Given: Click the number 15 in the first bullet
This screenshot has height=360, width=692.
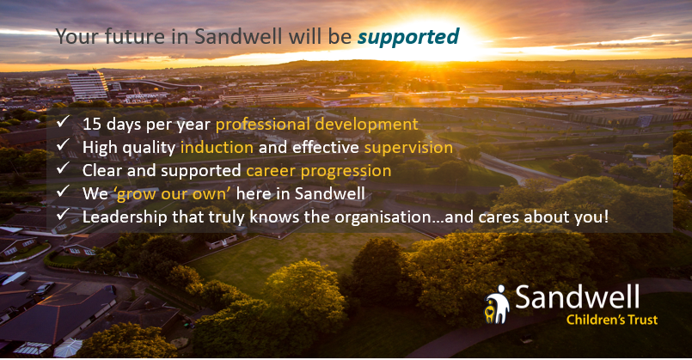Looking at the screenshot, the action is pyautogui.click(x=92, y=124).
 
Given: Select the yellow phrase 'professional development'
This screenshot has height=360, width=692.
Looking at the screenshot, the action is pyautogui.click(x=317, y=125).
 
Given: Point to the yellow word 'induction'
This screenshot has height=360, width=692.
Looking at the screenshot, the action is pyautogui.click(x=217, y=148).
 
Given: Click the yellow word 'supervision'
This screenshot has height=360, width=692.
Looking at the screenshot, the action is pyautogui.click(x=408, y=148).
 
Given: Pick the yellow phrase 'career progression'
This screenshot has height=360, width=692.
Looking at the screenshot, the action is pyautogui.click(x=319, y=171).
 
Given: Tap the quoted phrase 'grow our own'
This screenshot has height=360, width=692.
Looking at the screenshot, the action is pyautogui.click(x=173, y=193).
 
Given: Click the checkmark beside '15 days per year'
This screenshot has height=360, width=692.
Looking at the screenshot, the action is pyautogui.click(x=63, y=121).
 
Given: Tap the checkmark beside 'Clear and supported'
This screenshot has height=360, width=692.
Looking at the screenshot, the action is pyautogui.click(x=63, y=168).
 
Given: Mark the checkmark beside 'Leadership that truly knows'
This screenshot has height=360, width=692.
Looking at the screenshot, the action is pyautogui.click(x=63, y=215).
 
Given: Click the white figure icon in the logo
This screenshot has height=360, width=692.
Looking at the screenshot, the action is pyautogui.click(x=498, y=304).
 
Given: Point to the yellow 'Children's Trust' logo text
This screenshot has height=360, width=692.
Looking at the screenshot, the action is pyautogui.click(x=612, y=320).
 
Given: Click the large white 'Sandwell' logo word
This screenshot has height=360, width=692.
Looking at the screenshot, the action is pyautogui.click(x=578, y=297).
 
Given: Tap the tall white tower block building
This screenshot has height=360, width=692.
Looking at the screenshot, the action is pyautogui.click(x=88, y=85).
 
